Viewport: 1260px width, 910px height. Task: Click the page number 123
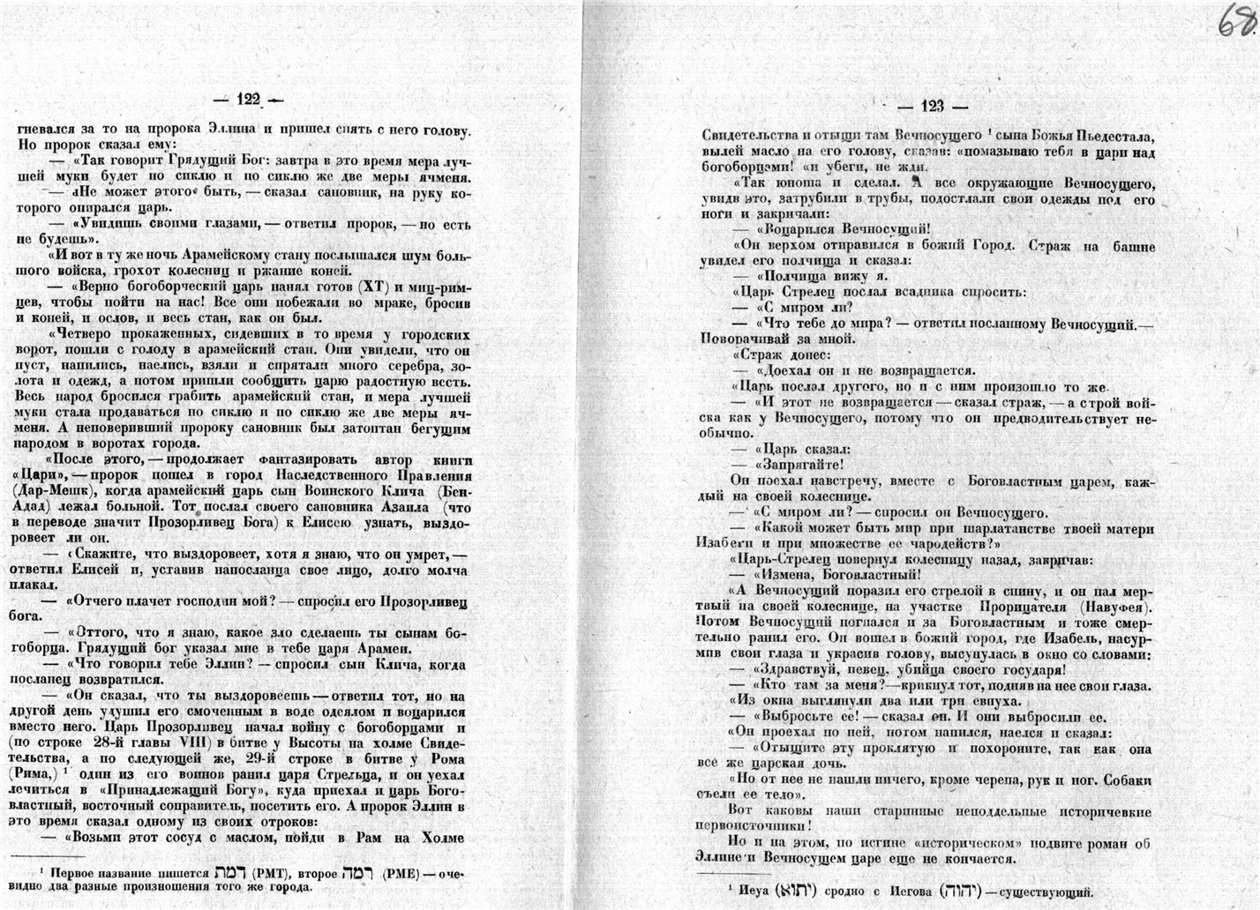tap(932, 107)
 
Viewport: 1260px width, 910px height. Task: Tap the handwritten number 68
tap(1235, 20)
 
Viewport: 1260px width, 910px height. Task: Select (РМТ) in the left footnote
tap(266, 873)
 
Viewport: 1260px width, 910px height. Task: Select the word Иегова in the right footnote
tap(911, 891)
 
